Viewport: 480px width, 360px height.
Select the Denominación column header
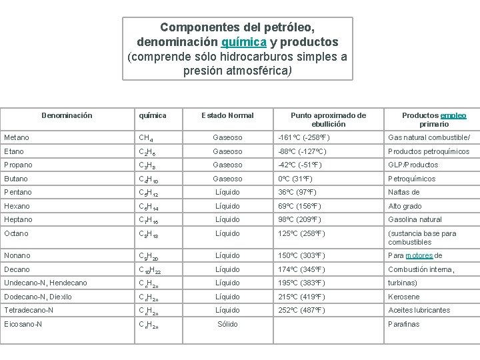(67, 115)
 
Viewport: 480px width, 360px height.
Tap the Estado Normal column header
(227, 115)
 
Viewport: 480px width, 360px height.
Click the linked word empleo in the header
(453, 115)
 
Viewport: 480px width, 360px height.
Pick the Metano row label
(17, 137)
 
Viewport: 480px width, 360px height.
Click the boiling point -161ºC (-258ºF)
(304, 137)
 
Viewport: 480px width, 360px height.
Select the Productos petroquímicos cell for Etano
(429, 151)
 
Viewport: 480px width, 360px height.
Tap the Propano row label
(18, 165)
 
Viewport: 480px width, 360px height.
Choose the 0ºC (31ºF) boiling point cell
(295, 179)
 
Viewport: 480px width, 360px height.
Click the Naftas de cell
(404, 192)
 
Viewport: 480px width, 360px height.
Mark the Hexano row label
(17, 206)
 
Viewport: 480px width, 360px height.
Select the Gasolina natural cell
(415, 219)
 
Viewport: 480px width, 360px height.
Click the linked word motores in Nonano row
(419, 255)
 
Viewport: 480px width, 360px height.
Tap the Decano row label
(17, 269)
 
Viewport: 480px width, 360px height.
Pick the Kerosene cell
(404, 297)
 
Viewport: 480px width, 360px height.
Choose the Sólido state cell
(227, 324)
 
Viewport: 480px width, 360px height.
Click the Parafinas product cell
(404, 324)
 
